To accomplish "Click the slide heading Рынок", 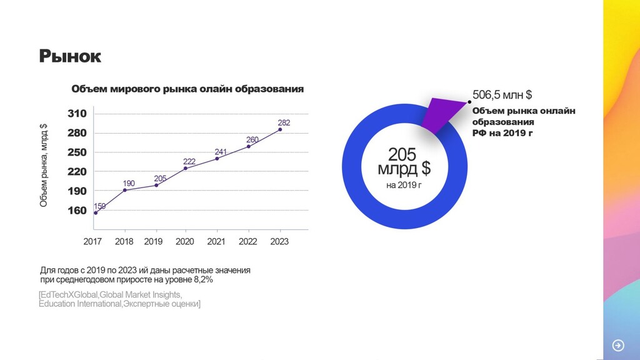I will coord(70,56).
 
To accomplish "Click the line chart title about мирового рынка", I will coord(187,89).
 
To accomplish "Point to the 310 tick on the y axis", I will coord(77,114).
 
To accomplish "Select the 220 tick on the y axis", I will coord(77,171).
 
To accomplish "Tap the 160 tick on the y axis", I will coord(77,210).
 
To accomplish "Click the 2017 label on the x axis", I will coord(93,241).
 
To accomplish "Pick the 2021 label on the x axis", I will coord(216,241).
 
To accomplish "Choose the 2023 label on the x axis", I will coord(279,241).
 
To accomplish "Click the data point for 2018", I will coord(125,190).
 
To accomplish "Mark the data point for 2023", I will coord(279,129).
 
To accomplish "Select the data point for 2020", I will coord(186,168).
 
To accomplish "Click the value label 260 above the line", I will coord(252,139).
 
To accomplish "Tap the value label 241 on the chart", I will coord(221,152).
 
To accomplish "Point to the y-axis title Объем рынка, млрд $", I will coord(44,166).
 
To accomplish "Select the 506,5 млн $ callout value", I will coord(502,95).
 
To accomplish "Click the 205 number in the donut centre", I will coord(402,154).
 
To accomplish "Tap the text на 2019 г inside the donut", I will coord(404,185).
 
